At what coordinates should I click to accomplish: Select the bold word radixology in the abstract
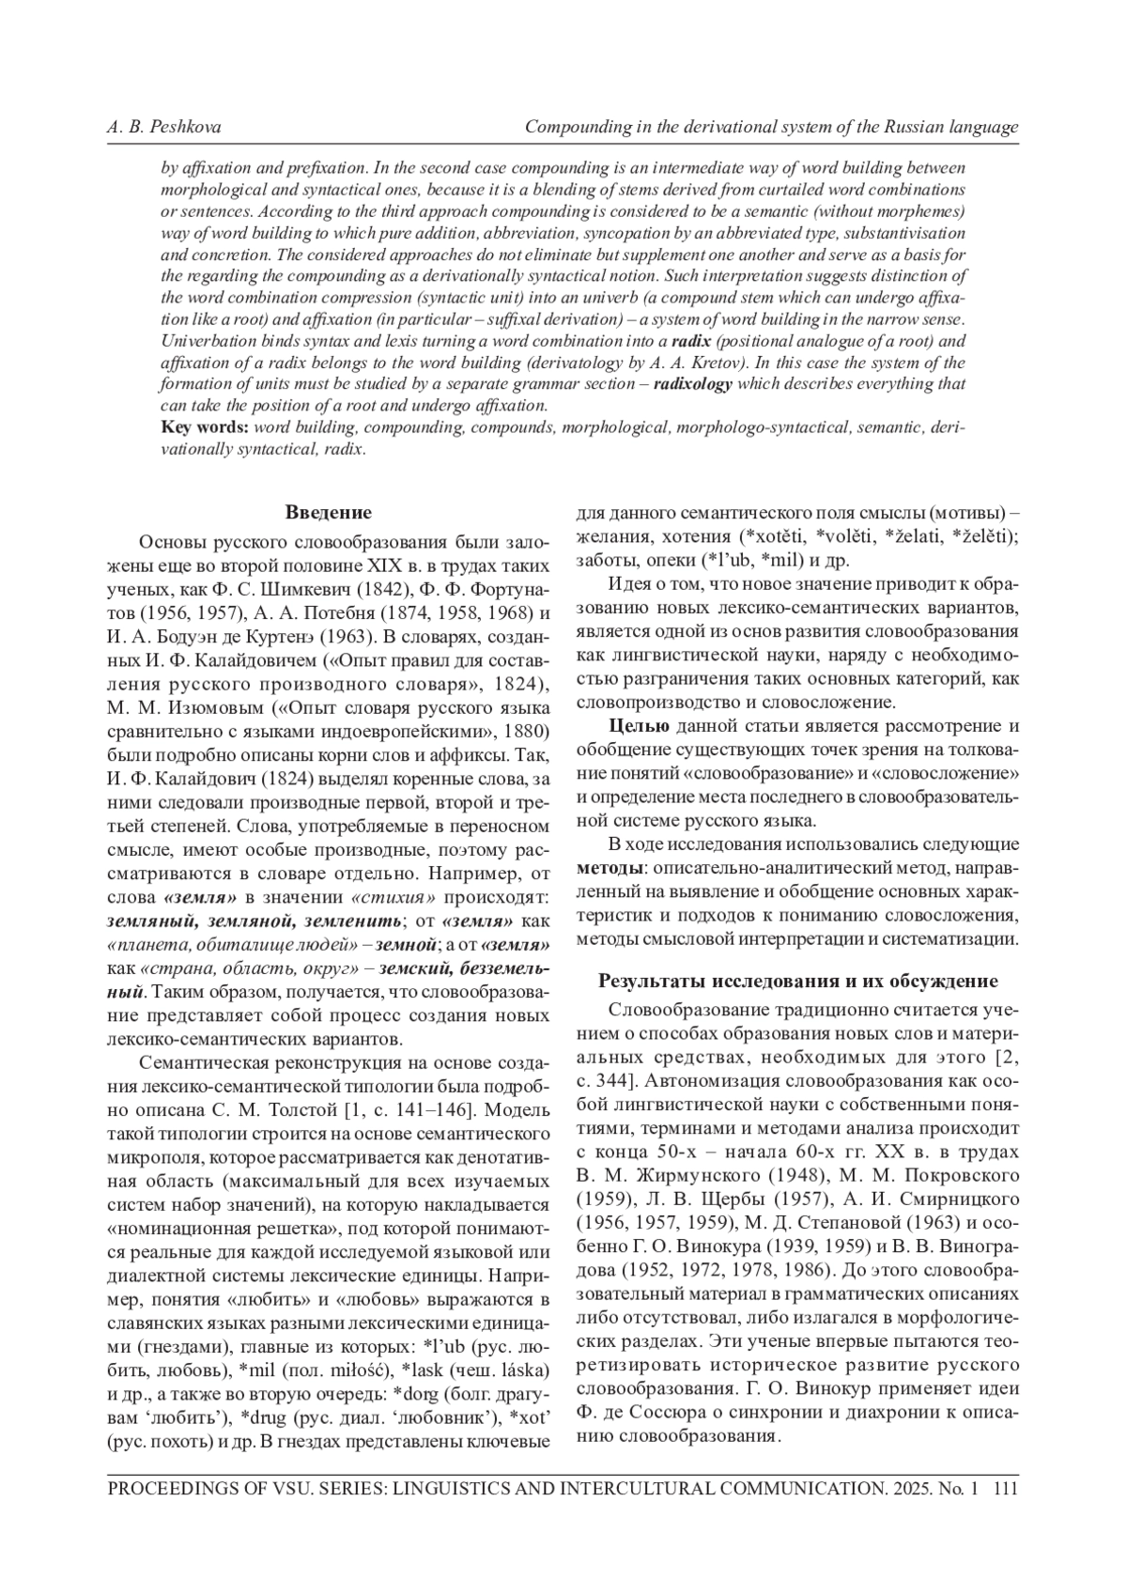[693, 384]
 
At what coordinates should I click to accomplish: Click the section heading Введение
[328, 512]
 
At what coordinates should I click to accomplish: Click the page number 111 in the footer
[1005, 1489]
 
